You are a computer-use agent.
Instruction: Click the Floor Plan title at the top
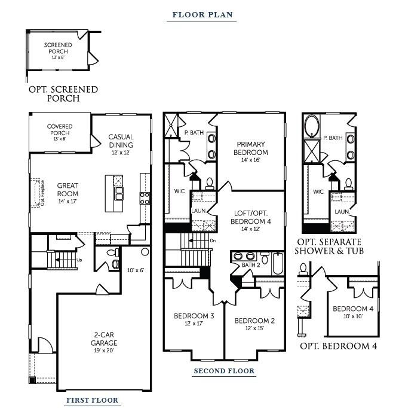point(202,15)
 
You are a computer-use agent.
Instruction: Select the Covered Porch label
point(60,130)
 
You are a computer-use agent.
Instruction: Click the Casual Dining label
point(121,141)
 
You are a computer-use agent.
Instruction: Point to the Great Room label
point(68,190)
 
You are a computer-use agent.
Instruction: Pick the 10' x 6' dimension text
point(136,270)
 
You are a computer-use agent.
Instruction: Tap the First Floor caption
point(92,400)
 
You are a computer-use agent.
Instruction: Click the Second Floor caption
point(224,371)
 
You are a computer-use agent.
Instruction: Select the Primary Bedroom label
point(251,148)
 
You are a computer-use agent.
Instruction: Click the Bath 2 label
point(250,265)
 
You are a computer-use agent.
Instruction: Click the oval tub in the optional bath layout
point(312,127)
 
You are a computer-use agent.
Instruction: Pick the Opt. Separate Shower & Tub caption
point(330,246)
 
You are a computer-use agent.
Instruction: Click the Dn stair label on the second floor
point(213,240)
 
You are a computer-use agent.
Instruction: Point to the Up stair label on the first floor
point(80,260)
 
